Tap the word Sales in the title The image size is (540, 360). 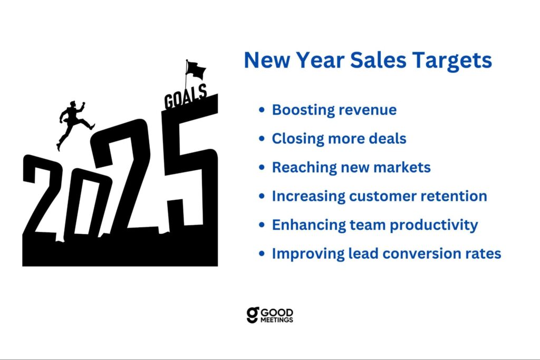[378, 60]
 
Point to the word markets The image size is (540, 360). [402, 167]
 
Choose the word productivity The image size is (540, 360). [433, 226]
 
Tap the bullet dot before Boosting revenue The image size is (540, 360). [262, 110]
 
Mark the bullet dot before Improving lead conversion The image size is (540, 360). [262, 254]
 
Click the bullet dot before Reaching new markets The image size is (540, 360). [262, 167]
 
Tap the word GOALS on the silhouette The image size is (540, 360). [186, 97]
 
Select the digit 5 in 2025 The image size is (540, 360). [189, 165]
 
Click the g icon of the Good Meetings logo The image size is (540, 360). [253, 315]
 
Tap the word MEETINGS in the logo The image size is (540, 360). [277, 320]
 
